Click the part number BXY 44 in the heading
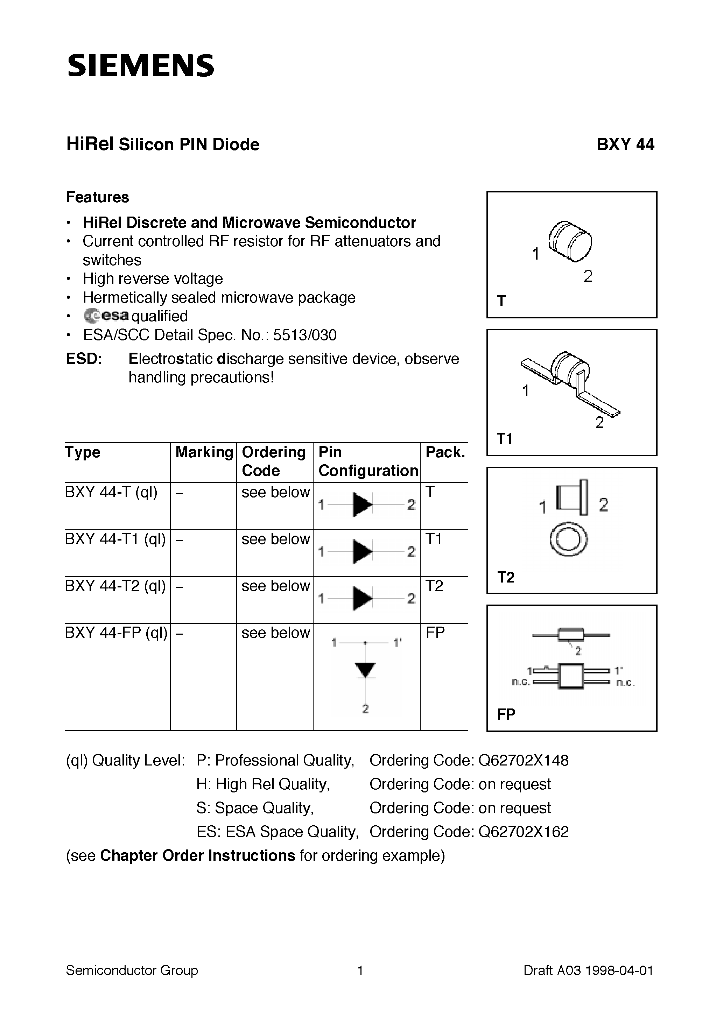(x=625, y=145)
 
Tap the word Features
(x=97, y=197)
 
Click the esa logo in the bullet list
(x=106, y=316)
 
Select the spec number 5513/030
(x=304, y=334)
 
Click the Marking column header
(x=204, y=452)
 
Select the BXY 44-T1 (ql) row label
(x=115, y=539)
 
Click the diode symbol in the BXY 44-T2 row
(x=363, y=598)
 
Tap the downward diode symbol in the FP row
(x=365, y=670)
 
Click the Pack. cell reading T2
(x=434, y=585)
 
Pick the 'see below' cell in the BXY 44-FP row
(x=275, y=633)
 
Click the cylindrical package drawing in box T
(x=570, y=241)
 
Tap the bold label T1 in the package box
(x=505, y=439)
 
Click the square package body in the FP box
(x=571, y=676)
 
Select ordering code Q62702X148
(x=523, y=760)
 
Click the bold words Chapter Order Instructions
(x=197, y=855)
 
